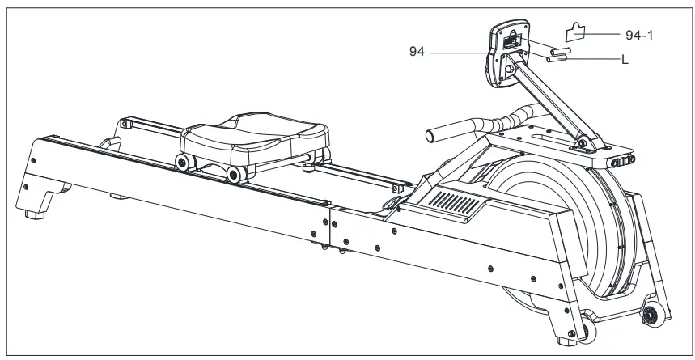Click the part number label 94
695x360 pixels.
coord(417,52)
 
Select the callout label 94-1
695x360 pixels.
coord(640,36)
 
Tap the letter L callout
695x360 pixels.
coord(625,59)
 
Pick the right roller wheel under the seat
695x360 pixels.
coord(235,172)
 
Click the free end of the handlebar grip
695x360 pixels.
coord(434,130)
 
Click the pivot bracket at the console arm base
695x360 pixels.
coord(583,146)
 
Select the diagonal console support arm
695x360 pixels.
coord(551,105)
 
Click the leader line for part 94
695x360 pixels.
coord(461,53)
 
